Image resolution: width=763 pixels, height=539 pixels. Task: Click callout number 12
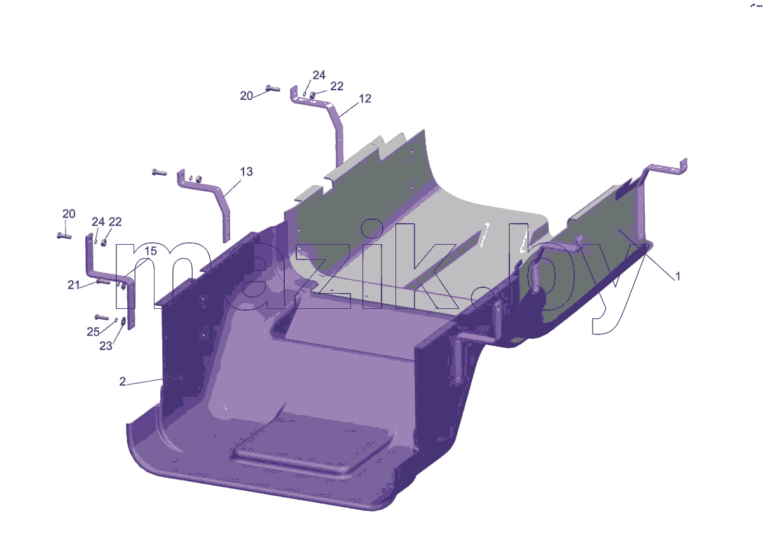(x=365, y=99)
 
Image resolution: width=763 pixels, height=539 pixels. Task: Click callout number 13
(x=246, y=172)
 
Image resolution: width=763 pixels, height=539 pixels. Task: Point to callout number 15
(x=150, y=251)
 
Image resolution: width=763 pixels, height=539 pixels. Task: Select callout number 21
(x=74, y=285)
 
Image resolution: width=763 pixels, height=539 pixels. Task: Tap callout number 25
(x=93, y=332)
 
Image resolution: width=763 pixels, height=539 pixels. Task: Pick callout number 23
(x=106, y=346)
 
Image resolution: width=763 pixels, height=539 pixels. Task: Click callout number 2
(x=122, y=381)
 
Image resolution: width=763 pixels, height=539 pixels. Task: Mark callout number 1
(x=678, y=276)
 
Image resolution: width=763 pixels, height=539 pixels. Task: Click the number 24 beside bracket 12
(x=319, y=75)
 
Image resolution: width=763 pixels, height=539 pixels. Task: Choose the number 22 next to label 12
(x=337, y=86)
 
